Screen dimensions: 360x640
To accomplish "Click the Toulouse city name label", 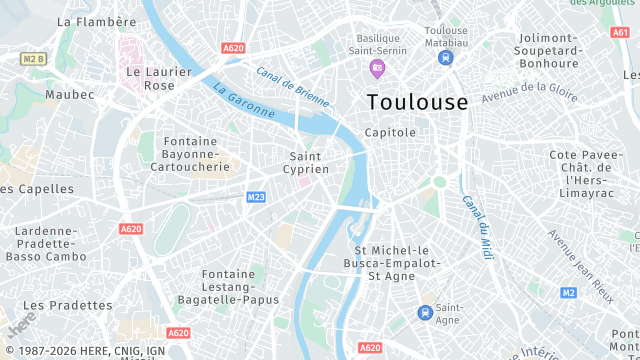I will click(x=417, y=102).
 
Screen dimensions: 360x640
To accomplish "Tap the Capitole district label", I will click(x=390, y=132).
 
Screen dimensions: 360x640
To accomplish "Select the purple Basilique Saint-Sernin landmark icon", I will click(x=377, y=68).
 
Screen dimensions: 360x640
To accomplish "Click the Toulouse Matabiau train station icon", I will click(x=445, y=58).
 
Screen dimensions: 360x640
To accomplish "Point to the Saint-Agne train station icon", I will click(x=425, y=312).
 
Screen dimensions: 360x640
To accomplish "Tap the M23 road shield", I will click(x=255, y=197).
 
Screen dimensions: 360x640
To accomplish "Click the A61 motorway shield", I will click(x=619, y=32).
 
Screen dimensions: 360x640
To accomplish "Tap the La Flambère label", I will click(x=96, y=21).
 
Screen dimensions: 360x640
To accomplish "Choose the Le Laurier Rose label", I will click(x=150, y=78).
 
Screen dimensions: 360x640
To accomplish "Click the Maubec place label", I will click(x=69, y=95).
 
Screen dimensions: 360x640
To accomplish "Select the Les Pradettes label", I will click(x=67, y=305).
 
